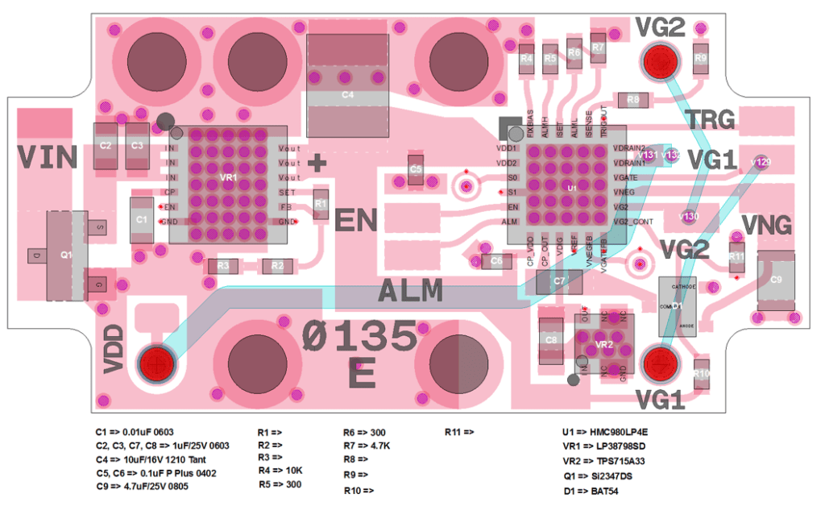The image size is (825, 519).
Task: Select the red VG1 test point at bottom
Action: pos(660,363)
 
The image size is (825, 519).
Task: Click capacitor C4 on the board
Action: pos(347,95)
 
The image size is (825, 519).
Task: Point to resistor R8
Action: pos(633,99)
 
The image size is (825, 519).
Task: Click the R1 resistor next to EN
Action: pos(321,205)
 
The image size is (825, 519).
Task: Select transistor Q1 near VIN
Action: pos(67,255)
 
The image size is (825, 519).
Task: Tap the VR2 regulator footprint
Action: pos(603,345)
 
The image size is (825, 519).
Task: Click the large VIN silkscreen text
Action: pos(47,157)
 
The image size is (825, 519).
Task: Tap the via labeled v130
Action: pos(690,216)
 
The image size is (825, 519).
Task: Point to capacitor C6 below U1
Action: pos(496,261)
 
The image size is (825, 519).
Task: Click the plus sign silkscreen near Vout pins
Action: pos(319,164)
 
